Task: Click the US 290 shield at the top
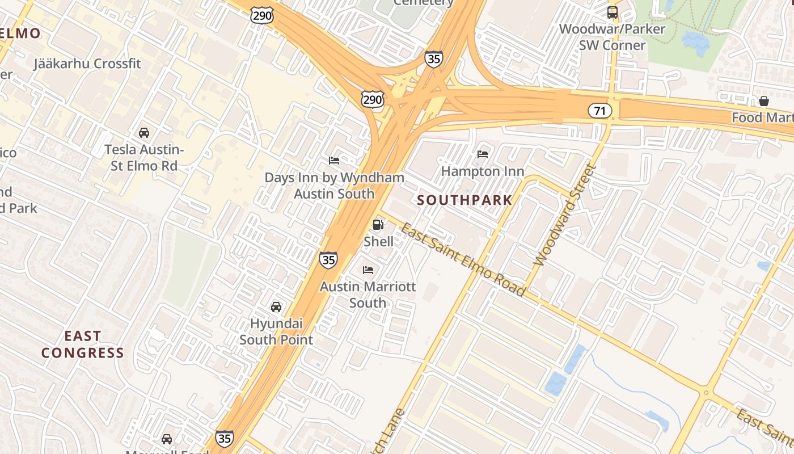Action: click(263, 15)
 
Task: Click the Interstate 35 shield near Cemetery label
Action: click(433, 59)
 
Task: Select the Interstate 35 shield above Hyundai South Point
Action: click(328, 260)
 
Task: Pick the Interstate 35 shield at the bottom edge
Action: click(224, 439)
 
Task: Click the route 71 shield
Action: click(599, 111)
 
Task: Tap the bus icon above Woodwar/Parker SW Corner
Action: click(612, 12)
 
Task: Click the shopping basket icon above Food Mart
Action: click(763, 102)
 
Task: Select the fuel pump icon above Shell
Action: click(378, 225)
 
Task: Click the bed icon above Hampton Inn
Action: click(483, 154)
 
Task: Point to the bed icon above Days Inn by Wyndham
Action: click(334, 161)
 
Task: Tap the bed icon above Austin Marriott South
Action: click(368, 270)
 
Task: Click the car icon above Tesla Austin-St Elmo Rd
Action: click(144, 133)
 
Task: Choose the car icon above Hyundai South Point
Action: click(276, 307)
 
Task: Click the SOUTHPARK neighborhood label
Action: click(464, 200)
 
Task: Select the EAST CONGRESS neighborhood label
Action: click(82, 344)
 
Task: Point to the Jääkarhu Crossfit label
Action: click(87, 63)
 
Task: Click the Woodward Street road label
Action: click(565, 216)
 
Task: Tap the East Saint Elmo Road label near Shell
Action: click(462, 259)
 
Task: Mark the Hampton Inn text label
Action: click(483, 171)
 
